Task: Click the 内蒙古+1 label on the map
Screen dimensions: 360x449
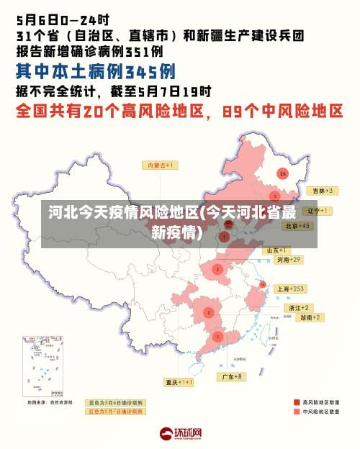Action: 162,165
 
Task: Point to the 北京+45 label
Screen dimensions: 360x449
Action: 297,225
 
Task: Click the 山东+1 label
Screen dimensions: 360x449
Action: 279,250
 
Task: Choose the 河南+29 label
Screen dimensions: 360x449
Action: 287,259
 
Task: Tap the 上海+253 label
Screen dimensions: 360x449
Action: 291,289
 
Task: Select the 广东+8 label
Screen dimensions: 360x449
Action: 231,376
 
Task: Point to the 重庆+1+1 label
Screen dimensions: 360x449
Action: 179,382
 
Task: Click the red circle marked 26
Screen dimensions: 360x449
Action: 283,173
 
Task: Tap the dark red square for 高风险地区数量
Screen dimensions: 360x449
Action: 297,402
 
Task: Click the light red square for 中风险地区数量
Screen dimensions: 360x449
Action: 297,412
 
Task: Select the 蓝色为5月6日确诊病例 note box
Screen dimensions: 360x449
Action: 114,402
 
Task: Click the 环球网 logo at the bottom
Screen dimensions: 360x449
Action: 180,433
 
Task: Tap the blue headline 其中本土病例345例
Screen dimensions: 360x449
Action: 96,73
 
